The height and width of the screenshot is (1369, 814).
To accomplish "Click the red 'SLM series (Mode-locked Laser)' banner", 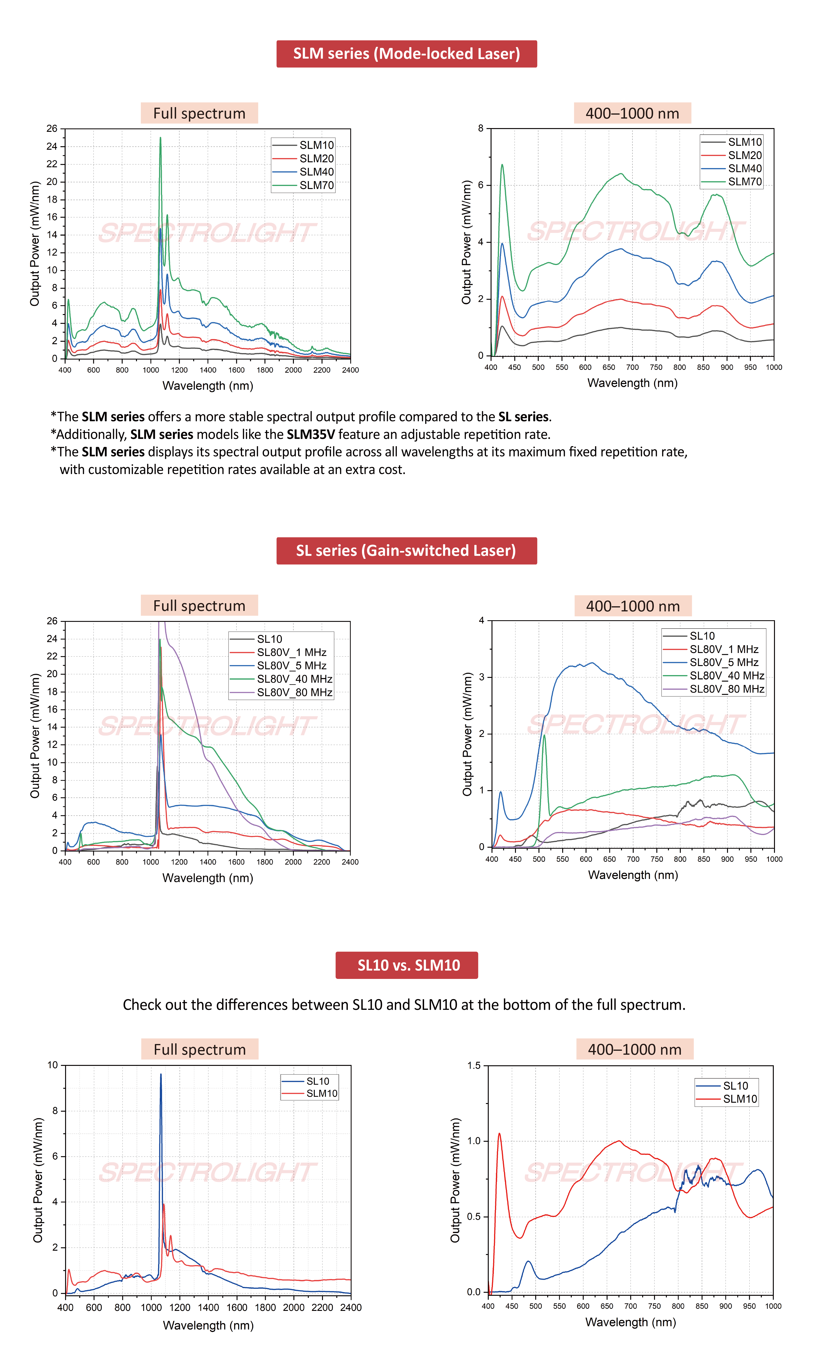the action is [406, 54].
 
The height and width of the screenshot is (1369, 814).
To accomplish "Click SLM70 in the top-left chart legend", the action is [316, 185].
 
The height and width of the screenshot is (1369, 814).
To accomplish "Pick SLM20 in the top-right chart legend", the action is [745, 155].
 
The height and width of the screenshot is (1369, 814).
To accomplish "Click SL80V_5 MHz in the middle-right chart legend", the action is [724, 662].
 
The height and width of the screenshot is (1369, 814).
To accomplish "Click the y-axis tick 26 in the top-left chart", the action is [52, 128].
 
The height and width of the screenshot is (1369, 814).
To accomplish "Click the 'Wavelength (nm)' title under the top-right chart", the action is [632, 383].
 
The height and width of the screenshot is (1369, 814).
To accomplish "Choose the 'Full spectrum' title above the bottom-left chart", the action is [200, 1049].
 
